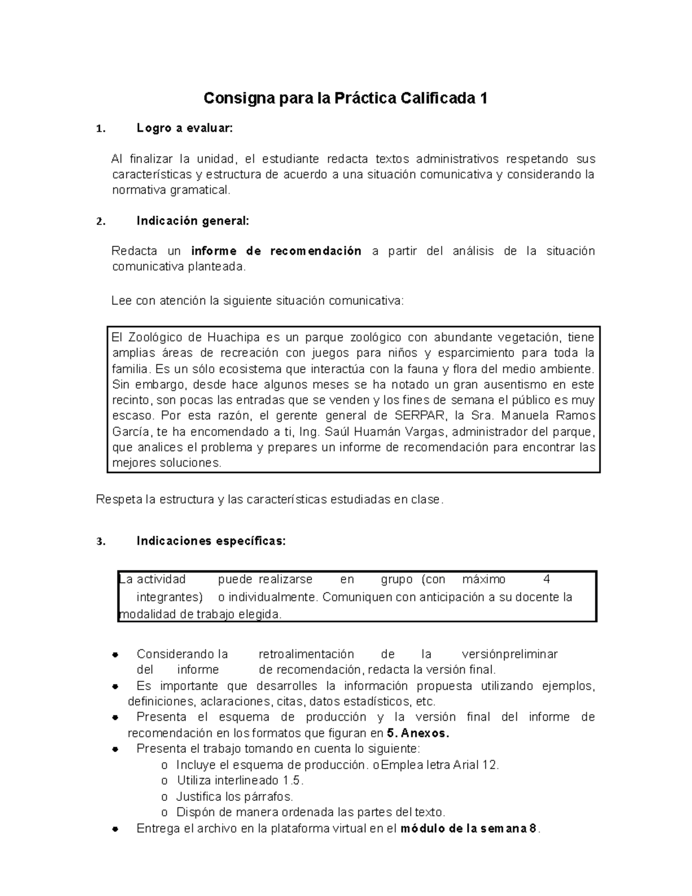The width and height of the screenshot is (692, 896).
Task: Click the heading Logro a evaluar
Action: coord(185,129)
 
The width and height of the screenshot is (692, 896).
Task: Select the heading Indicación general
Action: coord(193,221)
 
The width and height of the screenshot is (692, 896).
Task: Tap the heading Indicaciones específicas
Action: coord(210,541)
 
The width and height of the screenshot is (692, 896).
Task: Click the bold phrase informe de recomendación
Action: coord(276,251)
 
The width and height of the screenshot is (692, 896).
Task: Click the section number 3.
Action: coord(100,542)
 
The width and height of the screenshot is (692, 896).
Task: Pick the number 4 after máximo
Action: coord(547,579)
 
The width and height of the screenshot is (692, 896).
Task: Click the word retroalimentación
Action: coord(306,654)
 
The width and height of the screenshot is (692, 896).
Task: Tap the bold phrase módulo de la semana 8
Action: coord(469,829)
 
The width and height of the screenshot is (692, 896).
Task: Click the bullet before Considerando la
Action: coord(116,655)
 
